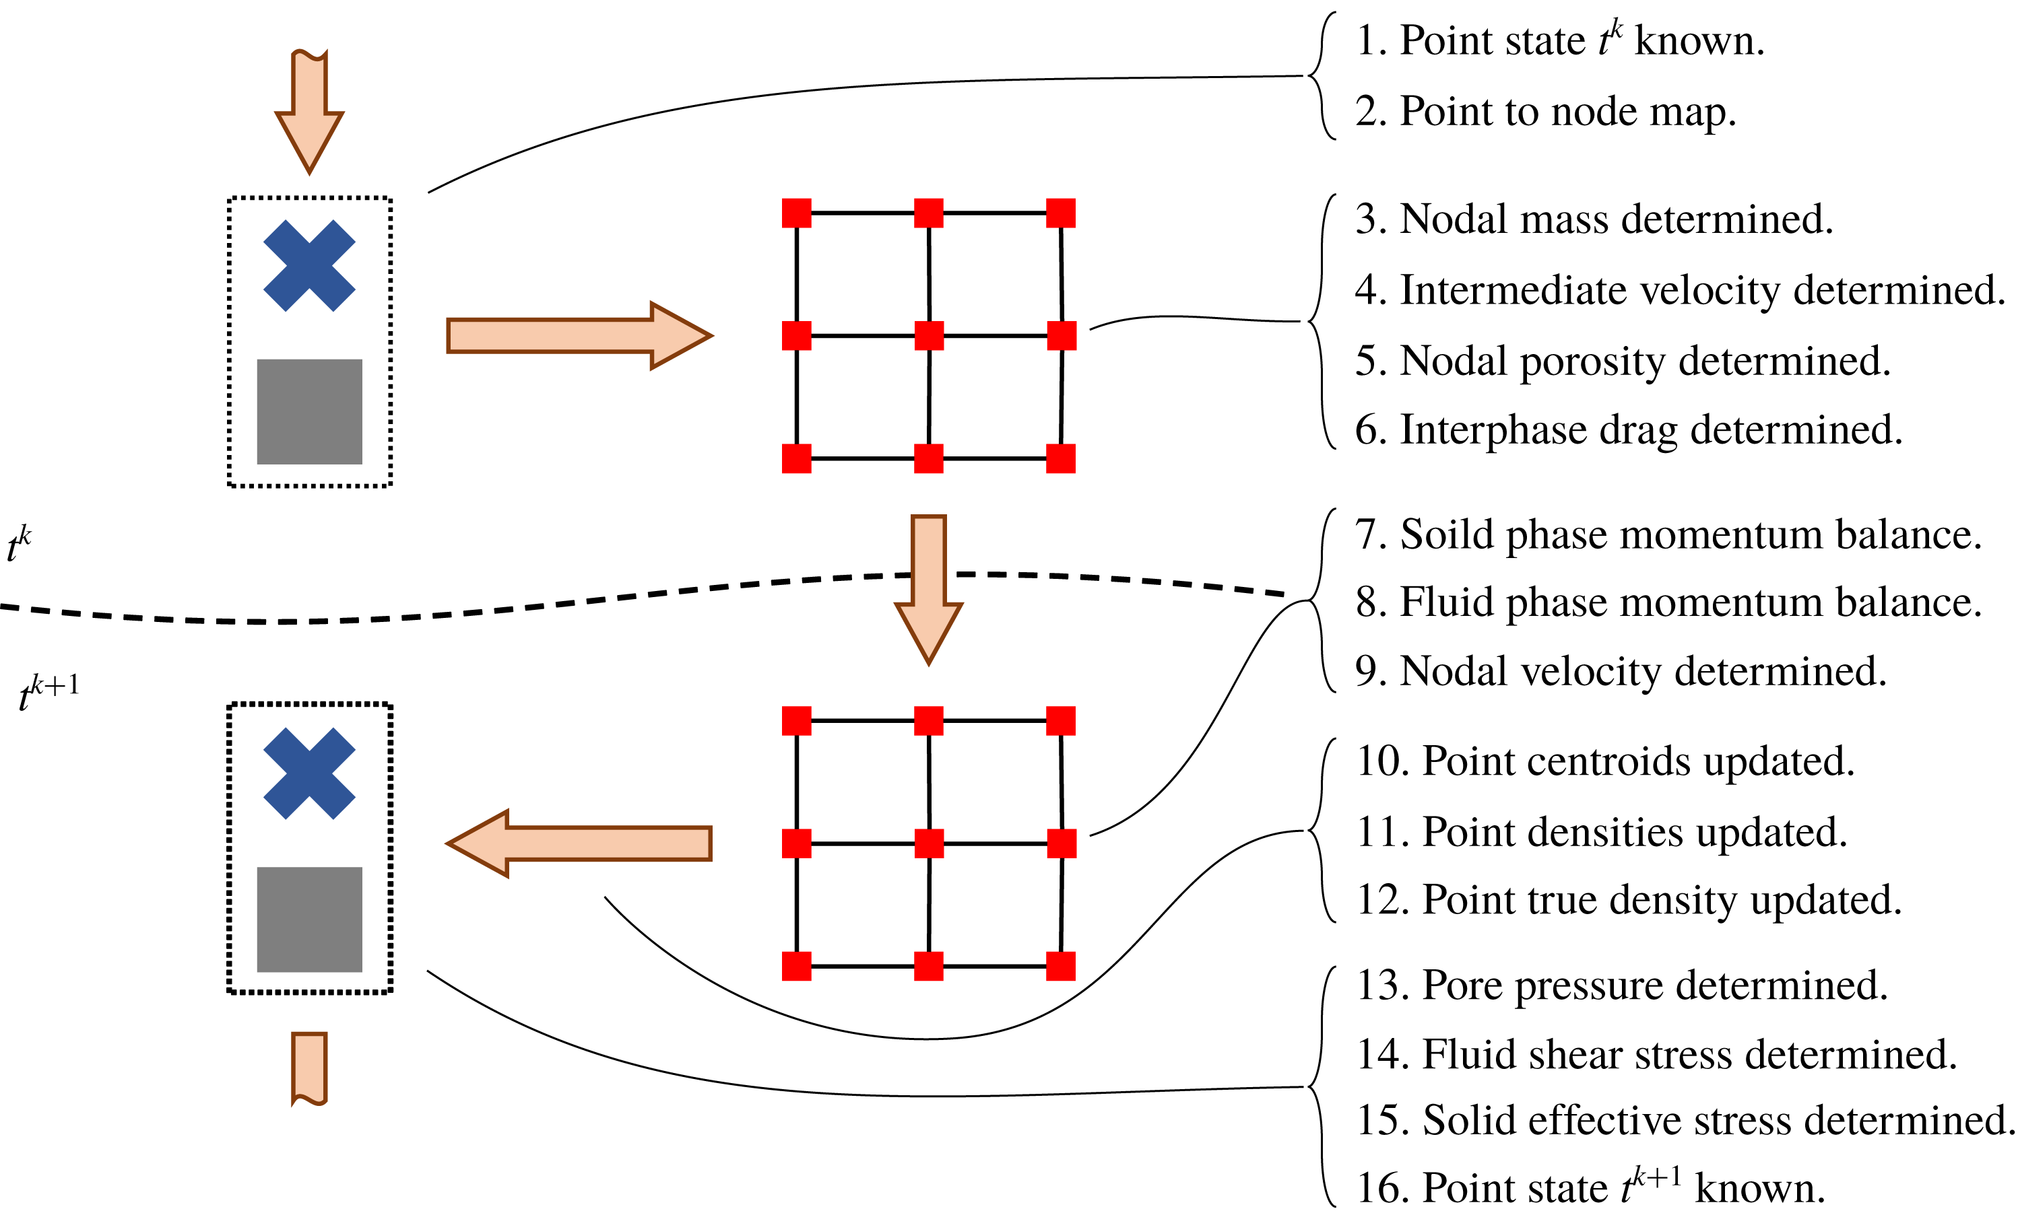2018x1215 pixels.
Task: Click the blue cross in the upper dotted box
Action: tap(310, 266)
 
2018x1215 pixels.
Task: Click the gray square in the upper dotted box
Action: tap(310, 412)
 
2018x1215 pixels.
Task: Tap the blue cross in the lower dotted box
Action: tap(310, 773)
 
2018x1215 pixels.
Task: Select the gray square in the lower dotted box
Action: tap(310, 919)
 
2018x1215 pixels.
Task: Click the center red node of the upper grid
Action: tap(929, 336)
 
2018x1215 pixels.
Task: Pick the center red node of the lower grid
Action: tap(929, 843)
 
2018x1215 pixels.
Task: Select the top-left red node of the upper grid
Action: tap(796, 213)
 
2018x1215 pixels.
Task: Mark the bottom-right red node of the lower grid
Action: tap(1061, 966)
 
